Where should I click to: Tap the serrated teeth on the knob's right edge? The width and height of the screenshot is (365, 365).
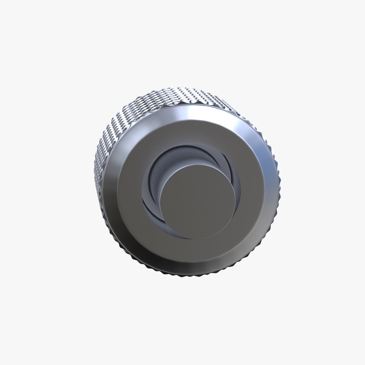point(279,189)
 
